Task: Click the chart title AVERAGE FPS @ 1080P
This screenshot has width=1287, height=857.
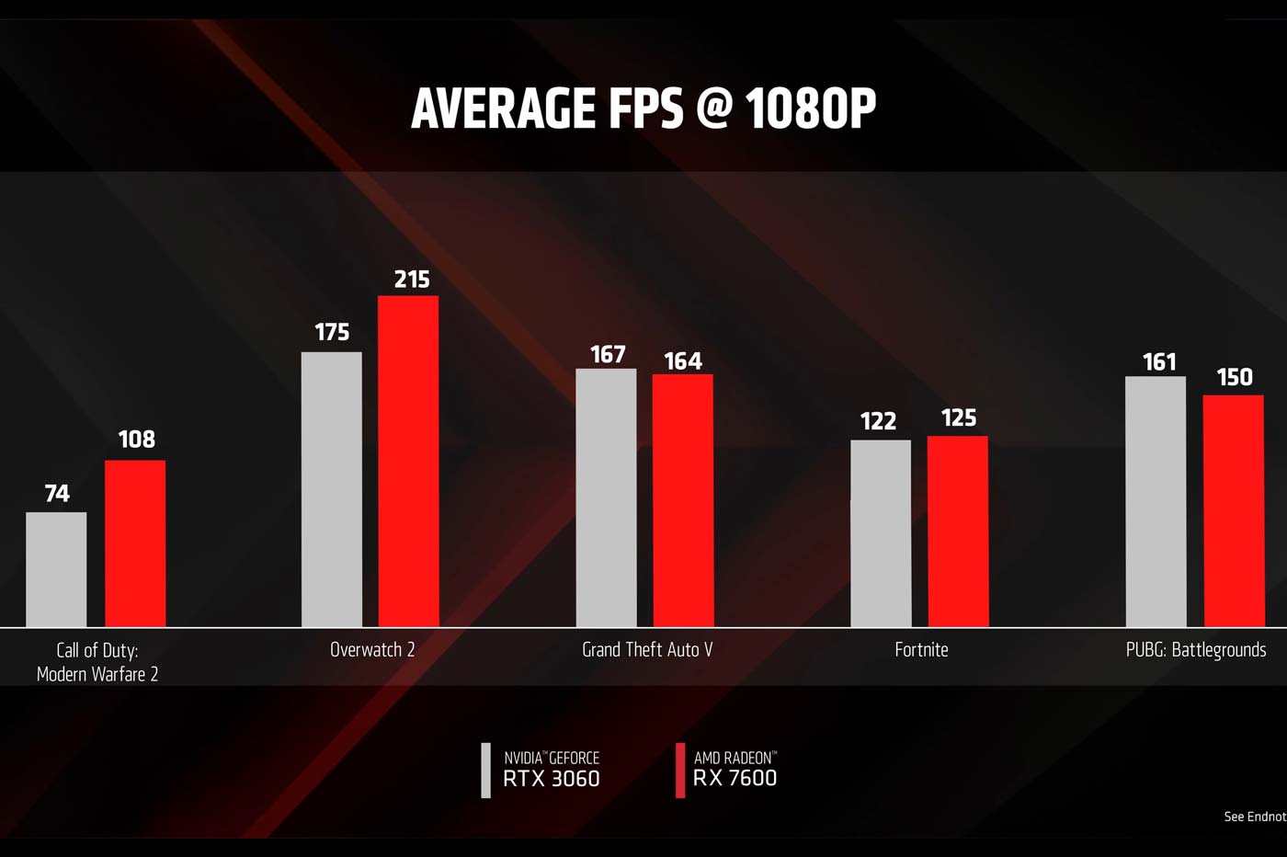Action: pyautogui.click(x=643, y=109)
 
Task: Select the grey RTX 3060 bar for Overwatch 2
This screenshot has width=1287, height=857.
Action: pyautogui.click(x=332, y=489)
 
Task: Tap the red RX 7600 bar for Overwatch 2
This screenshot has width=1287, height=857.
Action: pyautogui.click(x=408, y=462)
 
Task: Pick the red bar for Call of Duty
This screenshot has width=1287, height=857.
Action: pyautogui.click(x=135, y=543)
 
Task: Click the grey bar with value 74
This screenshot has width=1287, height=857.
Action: pyautogui.click(x=56, y=569)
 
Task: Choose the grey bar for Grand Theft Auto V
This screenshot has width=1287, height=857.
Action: pyautogui.click(x=606, y=497)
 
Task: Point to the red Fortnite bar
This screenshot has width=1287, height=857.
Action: pyautogui.click(x=958, y=531)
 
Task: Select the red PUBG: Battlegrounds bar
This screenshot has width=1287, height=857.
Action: pyautogui.click(x=1234, y=511)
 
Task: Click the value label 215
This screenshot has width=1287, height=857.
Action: pyautogui.click(x=412, y=279)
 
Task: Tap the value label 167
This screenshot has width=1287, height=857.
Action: pyautogui.click(x=608, y=354)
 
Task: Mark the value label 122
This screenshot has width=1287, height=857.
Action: pyautogui.click(x=878, y=421)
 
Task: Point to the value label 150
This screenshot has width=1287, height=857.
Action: pyautogui.click(x=1235, y=377)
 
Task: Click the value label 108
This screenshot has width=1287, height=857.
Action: pyautogui.click(x=137, y=440)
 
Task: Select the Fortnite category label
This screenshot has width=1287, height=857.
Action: pyautogui.click(x=921, y=650)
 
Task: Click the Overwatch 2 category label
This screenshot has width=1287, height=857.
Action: pyautogui.click(x=372, y=650)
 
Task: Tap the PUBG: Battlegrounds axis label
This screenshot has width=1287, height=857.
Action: pyautogui.click(x=1196, y=650)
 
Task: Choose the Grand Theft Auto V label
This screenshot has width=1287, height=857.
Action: pyautogui.click(x=647, y=650)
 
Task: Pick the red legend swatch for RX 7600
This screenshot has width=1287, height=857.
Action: pyautogui.click(x=680, y=771)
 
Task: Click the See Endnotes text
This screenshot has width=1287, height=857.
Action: pyautogui.click(x=1255, y=817)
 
